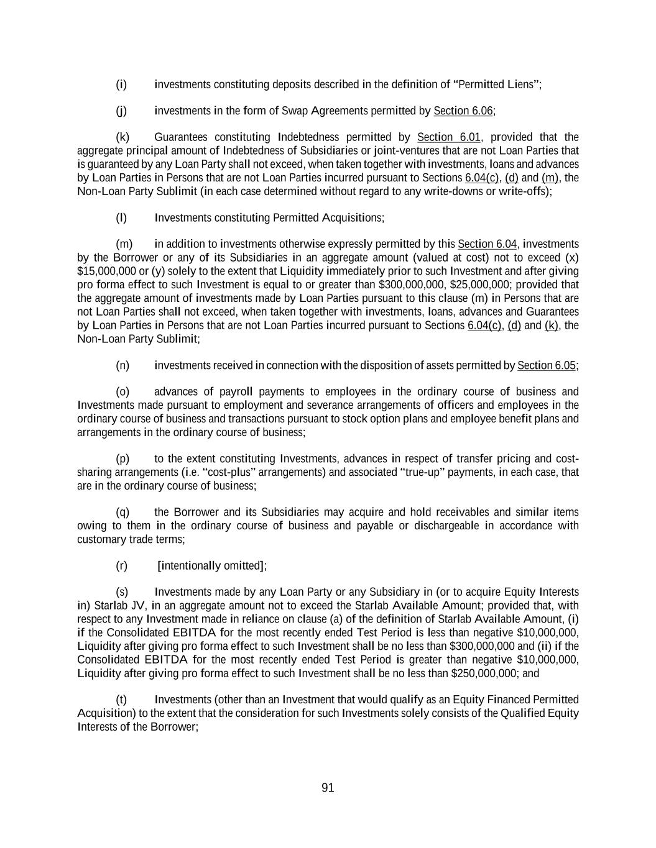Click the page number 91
tap(328, 788)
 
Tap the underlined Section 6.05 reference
tap(546, 365)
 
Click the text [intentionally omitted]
tap(211, 565)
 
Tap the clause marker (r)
tap(121, 565)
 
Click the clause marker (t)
tap(121, 700)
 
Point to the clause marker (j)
tap(121, 111)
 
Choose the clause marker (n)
tap(122, 365)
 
